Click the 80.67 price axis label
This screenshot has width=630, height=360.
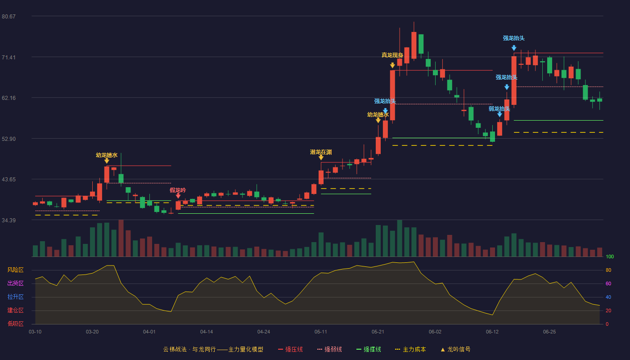tap(9, 17)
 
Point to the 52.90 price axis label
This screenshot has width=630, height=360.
tap(9, 139)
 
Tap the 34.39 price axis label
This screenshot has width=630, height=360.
tap(9, 220)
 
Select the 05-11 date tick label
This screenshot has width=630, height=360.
tap(320, 332)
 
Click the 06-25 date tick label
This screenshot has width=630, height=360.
tap(549, 332)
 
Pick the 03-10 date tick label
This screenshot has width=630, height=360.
tap(35, 332)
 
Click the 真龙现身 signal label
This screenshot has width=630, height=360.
tap(392, 55)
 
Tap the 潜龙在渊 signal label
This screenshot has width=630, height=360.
tap(321, 152)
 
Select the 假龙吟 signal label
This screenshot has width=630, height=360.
tap(178, 190)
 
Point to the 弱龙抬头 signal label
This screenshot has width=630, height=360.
tap(499, 109)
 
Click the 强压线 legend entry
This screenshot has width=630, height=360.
tap(290, 349)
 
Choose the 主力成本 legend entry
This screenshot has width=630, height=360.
tap(410, 349)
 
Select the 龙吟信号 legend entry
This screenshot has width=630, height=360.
tap(455, 349)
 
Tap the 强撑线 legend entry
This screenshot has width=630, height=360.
tap(369, 349)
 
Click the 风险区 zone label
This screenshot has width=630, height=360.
tap(15, 270)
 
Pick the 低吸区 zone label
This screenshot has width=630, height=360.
tap(15, 324)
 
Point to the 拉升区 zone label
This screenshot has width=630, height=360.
tap(15, 297)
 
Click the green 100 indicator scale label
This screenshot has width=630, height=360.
tap(610, 256)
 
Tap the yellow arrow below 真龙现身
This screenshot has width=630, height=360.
tap(392, 66)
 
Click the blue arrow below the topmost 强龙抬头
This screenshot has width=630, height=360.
tap(514, 48)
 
